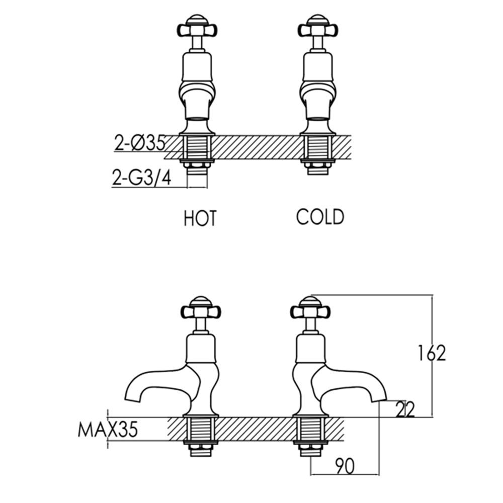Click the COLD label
click(320, 217)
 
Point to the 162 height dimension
click(431, 354)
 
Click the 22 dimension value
click(404, 409)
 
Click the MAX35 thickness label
click(108, 431)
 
